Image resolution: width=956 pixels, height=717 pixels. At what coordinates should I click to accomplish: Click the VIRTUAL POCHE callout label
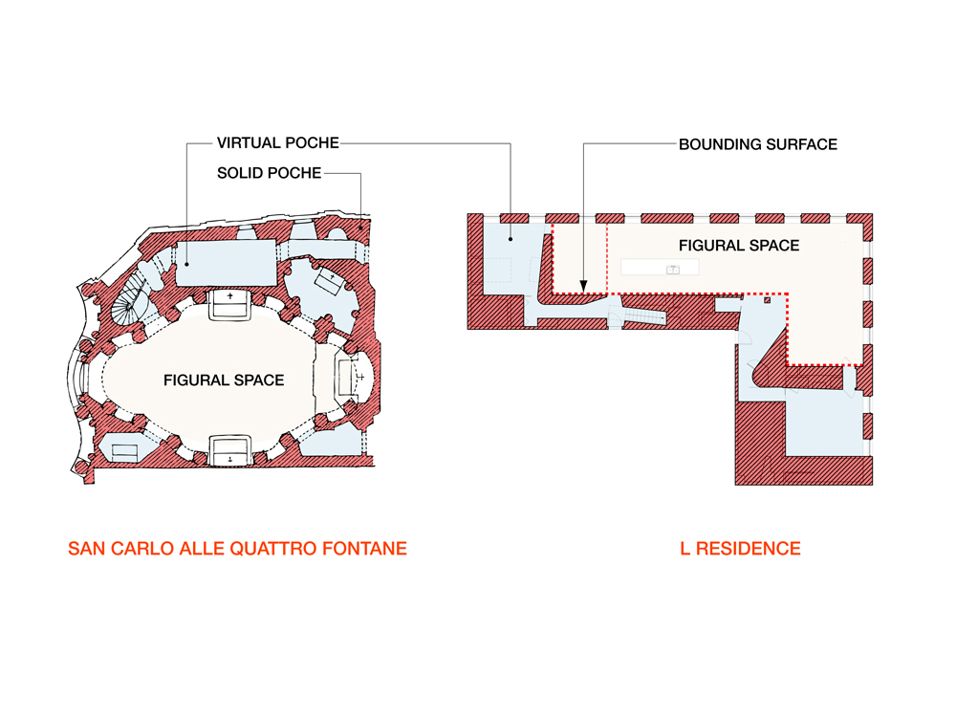tap(278, 143)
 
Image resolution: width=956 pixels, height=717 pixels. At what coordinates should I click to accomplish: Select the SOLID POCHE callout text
tap(269, 173)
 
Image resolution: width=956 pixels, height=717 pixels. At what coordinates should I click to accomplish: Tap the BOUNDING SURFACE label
tap(758, 144)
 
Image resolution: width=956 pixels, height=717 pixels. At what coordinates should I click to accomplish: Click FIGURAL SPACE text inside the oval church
tap(224, 380)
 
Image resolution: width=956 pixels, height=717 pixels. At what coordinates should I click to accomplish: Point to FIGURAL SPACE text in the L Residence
tap(739, 246)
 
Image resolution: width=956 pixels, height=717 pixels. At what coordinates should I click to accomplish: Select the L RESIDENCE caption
tap(740, 549)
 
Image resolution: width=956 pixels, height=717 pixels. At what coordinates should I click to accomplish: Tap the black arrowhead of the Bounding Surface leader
tap(583, 286)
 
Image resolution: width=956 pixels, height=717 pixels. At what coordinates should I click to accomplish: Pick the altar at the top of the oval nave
tap(229, 305)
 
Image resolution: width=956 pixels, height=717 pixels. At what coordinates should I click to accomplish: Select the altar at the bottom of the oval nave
tap(229, 450)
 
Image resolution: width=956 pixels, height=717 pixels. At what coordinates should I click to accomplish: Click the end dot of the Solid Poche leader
tap(360, 228)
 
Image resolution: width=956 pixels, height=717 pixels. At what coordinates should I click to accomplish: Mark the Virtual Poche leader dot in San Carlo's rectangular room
tap(186, 265)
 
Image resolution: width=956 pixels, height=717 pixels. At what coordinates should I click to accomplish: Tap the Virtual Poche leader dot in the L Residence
tap(511, 239)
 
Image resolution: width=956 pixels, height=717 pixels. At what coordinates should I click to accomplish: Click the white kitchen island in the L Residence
tap(660, 267)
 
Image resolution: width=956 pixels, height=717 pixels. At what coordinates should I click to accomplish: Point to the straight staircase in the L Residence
tap(645, 316)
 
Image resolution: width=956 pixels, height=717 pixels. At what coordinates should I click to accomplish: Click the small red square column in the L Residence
tap(768, 299)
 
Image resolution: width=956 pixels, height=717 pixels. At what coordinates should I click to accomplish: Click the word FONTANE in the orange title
tap(364, 549)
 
